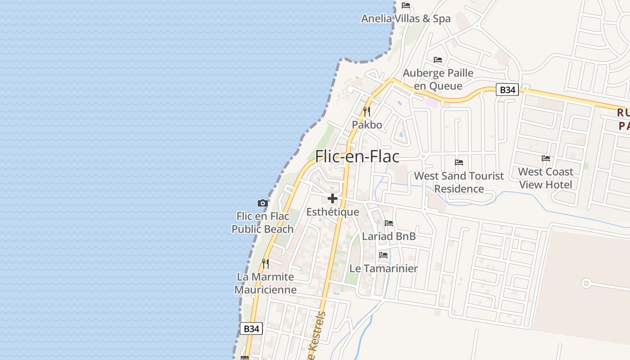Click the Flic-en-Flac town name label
pos(357,157)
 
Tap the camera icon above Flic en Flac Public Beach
pos(263,203)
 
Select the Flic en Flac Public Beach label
pos(263,223)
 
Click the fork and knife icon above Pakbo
pos(367,111)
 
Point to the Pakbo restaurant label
pos(367,125)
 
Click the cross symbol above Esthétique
pos(333,198)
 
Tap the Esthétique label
pos(333,212)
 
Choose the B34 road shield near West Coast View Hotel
pos(508,90)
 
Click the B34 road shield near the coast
pos(251,329)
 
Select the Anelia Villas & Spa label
pos(406,18)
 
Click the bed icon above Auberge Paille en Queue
pos(438,60)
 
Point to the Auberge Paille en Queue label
pos(438,79)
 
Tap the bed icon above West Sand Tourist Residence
pos(459,162)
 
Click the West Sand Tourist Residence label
pos(459,182)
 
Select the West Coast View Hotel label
pos(545,178)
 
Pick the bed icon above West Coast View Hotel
pos(546,158)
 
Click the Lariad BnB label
pos(389,236)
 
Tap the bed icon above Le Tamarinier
pos(383,255)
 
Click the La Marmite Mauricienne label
pos(265,283)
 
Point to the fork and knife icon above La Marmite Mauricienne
pos(265,263)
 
